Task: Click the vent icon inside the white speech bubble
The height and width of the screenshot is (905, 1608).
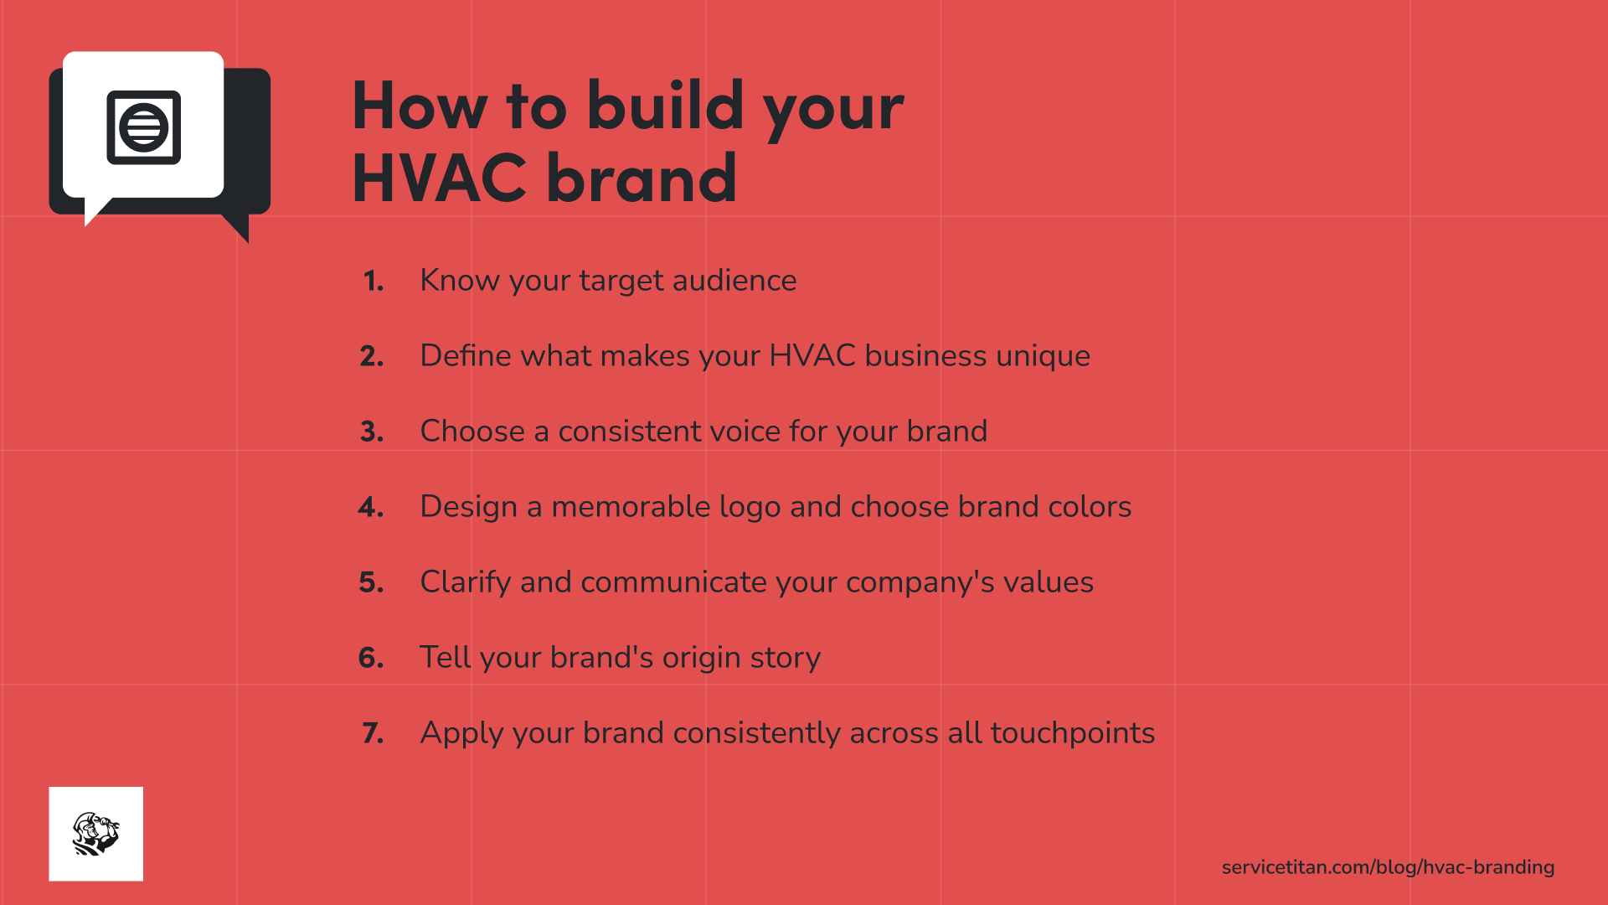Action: [x=143, y=127]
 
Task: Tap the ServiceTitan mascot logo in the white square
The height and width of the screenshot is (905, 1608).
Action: [x=95, y=834]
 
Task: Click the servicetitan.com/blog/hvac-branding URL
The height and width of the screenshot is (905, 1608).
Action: [x=1388, y=867]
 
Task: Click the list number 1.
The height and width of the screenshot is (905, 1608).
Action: [x=374, y=281]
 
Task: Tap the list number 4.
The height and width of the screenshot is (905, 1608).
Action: [x=371, y=507]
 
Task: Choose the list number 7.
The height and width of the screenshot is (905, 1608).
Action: [x=373, y=733]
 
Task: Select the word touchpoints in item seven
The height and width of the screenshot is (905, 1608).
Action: [x=1072, y=733]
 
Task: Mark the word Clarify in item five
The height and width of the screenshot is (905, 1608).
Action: [x=465, y=582]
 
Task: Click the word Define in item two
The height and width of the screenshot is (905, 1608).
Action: [x=465, y=356]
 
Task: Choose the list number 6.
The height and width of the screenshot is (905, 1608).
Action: [x=371, y=658]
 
